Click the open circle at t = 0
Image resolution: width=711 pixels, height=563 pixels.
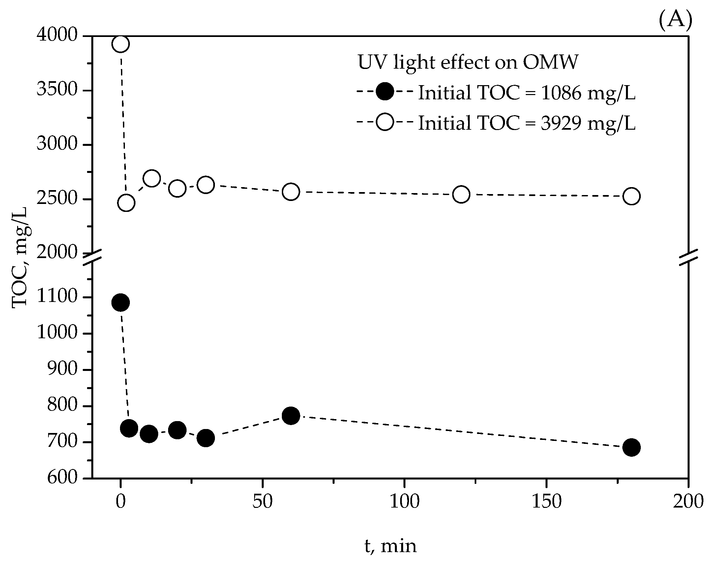(x=120, y=44)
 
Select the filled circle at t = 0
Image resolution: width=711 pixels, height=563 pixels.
(x=120, y=302)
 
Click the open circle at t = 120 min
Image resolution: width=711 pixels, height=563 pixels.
(x=461, y=194)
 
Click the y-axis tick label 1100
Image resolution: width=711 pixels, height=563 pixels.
(x=57, y=297)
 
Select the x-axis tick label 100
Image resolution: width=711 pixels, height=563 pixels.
(x=404, y=502)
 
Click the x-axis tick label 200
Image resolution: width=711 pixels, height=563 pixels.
(x=688, y=502)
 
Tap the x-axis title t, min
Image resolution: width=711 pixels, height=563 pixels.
(x=390, y=546)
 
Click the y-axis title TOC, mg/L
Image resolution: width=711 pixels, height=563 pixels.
(x=20, y=257)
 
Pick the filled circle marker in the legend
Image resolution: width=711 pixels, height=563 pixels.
(x=384, y=91)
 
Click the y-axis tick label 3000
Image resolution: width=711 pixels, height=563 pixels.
(x=57, y=145)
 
